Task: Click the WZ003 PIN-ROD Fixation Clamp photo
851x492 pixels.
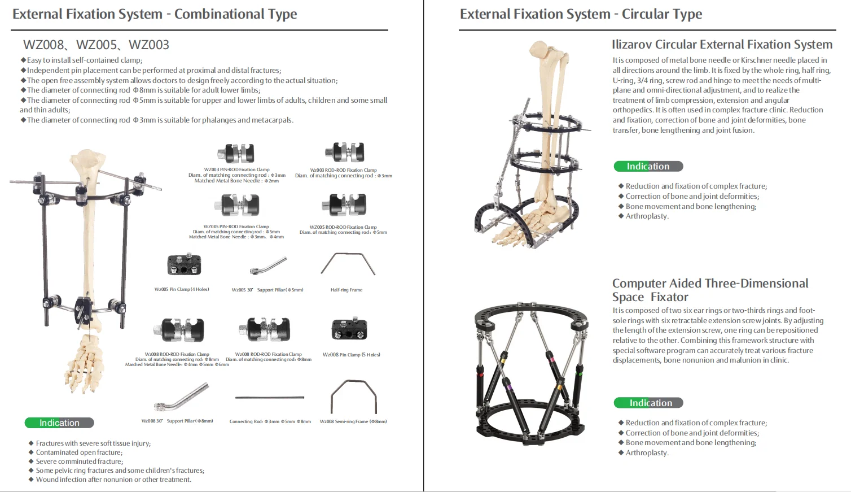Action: point(236,153)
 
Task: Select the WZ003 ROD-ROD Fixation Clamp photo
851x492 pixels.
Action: point(344,152)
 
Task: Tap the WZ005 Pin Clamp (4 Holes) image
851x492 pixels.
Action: point(184,264)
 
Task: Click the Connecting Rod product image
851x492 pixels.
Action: point(269,398)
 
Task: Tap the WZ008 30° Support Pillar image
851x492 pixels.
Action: point(181,397)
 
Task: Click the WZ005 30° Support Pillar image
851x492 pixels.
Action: point(268,265)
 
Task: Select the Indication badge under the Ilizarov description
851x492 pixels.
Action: point(648,166)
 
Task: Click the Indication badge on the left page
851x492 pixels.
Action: point(59,423)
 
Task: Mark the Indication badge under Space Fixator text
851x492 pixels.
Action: point(648,403)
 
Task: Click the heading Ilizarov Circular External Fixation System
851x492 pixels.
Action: point(722,45)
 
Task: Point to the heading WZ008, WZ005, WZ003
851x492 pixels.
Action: point(96,45)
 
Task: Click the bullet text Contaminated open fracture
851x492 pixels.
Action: point(79,452)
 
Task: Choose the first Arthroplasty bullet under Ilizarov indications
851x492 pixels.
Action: point(647,216)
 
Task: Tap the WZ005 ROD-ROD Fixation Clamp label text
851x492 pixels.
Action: point(343,227)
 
